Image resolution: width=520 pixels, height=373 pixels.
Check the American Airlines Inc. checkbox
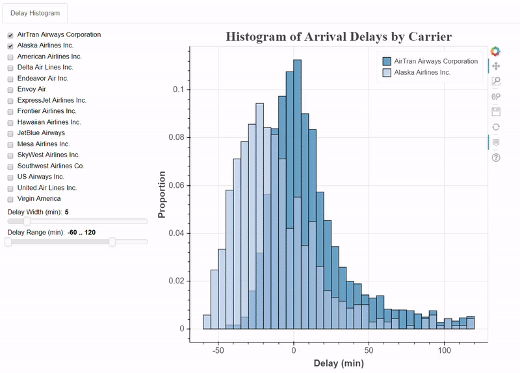pos(10,57)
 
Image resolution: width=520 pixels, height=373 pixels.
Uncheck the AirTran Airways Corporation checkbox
pos(10,35)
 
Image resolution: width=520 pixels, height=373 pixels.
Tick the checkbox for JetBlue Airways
pos(10,133)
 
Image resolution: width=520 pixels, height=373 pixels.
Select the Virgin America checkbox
pos(10,199)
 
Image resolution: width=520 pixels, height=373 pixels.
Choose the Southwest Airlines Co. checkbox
pos(10,166)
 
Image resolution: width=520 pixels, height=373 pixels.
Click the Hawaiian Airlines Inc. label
pos(49,122)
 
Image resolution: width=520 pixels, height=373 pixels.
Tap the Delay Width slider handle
pos(27,222)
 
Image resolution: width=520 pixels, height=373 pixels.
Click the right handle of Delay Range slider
pos(112,242)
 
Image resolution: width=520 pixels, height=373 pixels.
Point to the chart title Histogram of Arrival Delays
pos(338,36)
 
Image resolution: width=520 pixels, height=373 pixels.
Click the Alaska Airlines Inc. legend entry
pos(422,72)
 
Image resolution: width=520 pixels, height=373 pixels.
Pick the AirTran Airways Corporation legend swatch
pos(387,61)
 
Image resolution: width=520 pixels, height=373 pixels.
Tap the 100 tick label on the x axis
pos(445,350)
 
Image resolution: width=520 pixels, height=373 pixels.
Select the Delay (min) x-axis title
pos(338,363)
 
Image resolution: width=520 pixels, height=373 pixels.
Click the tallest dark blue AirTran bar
pos(297,195)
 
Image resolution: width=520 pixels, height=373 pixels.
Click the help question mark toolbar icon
pos(496,157)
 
